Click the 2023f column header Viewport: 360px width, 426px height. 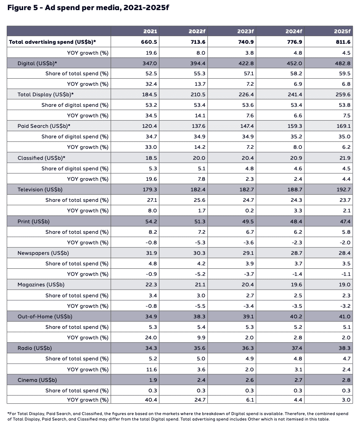tap(246, 32)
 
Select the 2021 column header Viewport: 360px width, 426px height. tap(151, 32)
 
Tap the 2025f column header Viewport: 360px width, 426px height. tap(343, 32)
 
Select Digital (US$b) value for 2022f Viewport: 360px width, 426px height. tap(198, 63)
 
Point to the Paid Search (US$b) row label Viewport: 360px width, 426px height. tap(44, 126)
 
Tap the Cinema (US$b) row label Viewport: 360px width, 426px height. tap(37, 380)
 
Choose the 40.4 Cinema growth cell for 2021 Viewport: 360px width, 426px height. tap(151, 400)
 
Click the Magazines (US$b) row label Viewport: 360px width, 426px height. tap(41, 285)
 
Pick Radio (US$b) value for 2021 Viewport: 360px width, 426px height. tap(150, 348)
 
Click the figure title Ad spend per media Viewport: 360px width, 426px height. tap(88, 8)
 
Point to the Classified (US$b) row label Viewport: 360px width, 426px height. tap(44, 158)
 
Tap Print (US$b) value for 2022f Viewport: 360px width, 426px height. tap(198, 221)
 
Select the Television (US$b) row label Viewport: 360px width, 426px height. tap(40, 190)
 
